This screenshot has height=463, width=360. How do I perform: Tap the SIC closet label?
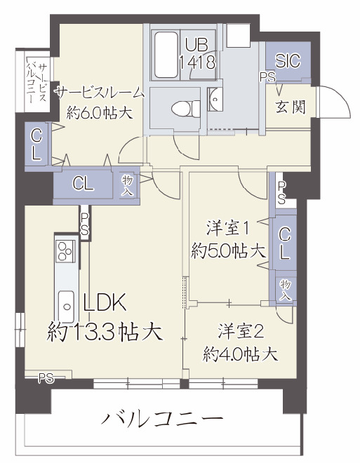[x=288, y=60]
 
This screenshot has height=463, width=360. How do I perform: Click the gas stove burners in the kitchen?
[x=67, y=250]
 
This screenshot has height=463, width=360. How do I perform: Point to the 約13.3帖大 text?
[x=105, y=330]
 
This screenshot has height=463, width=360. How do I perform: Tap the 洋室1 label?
[x=229, y=228]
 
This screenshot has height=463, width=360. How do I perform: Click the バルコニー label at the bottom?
[x=162, y=420]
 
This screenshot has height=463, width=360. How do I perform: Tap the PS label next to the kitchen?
[x=84, y=225]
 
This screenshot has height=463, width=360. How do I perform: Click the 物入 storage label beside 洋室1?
[x=285, y=288]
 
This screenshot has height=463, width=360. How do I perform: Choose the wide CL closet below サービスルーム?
[x=84, y=184]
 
